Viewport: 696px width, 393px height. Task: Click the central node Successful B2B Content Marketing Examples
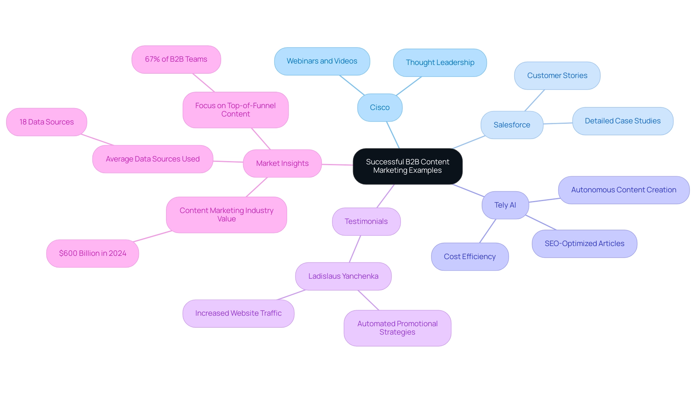point(407,166)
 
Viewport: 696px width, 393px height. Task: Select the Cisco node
point(380,107)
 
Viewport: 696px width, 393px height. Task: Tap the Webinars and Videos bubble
point(322,61)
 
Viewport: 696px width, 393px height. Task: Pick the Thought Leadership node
point(440,63)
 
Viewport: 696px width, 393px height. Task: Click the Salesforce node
point(511,125)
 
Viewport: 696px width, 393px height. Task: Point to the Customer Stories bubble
point(557,75)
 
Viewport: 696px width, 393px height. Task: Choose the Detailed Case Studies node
point(622,121)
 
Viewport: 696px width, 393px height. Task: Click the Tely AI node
point(505,205)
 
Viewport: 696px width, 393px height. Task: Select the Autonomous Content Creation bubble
point(623,190)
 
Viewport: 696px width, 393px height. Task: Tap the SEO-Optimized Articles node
point(584,243)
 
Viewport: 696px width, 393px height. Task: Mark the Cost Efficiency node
point(469,257)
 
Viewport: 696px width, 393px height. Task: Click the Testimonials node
point(366,221)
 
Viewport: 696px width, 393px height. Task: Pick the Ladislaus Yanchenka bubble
point(343,276)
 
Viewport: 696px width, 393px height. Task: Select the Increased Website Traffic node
point(238,313)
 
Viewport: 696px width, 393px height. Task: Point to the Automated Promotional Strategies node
point(397,328)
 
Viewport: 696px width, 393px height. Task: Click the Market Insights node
point(282,163)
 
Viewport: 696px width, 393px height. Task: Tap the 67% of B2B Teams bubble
point(176,59)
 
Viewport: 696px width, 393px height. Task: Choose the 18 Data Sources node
point(46,122)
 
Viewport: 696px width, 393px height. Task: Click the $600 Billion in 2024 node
point(92,253)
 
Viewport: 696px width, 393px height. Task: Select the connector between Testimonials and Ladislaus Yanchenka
point(355,249)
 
